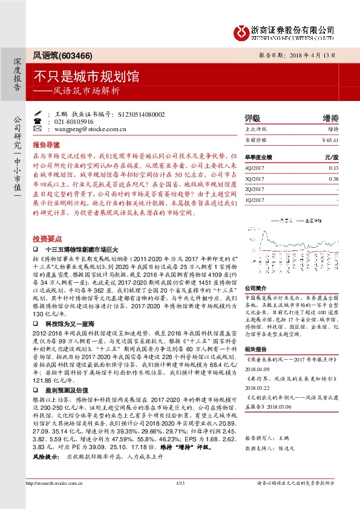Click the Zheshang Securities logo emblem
(242, 31)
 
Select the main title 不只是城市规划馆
(87, 77)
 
